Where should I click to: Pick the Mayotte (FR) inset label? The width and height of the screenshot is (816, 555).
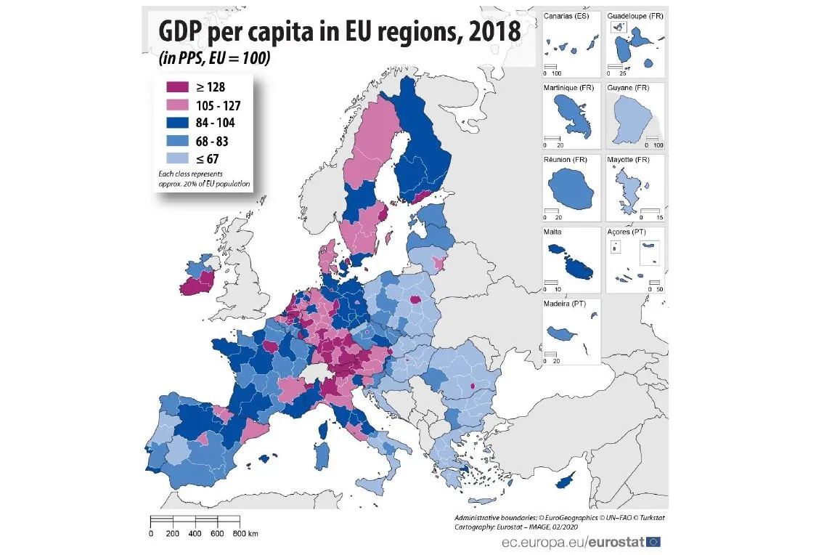tap(629, 160)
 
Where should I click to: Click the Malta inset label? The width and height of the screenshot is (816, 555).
tap(554, 232)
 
